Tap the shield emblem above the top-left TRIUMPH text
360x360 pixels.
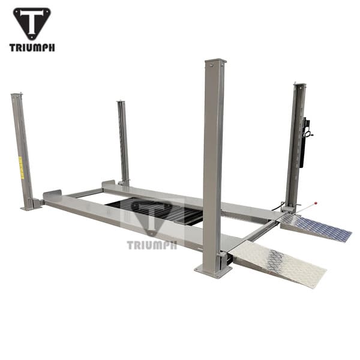tap(32, 23)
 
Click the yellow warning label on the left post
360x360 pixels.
tap(21, 167)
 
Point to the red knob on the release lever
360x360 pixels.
tap(316, 203)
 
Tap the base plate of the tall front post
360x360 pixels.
tap(214, 271)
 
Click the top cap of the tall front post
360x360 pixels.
tap(215, 61)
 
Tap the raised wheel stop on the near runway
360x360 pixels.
tap(53, 195)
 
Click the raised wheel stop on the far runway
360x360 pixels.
tap(108, 182)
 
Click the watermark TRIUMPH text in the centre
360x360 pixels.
tap(152, 244)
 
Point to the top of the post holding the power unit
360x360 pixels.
tap(299, 86)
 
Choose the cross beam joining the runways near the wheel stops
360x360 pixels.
tap(84, 193)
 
